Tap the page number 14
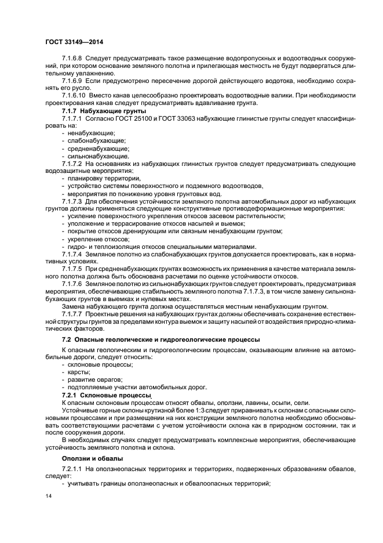[48, 497]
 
